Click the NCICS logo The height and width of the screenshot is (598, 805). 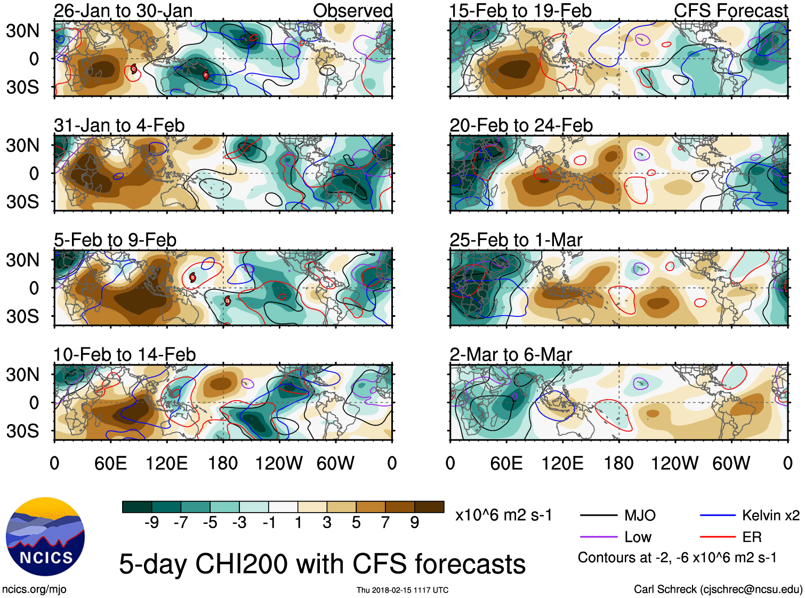point(45,537)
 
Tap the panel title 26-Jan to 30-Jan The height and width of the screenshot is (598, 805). point(123,11)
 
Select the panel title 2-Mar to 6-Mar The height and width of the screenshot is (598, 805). point(511,355)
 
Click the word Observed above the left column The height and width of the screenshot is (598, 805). point(352,11)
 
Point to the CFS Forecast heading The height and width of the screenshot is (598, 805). point(730,11)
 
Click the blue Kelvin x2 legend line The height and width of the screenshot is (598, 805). point(717,516)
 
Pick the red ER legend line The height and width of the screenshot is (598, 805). point(717,537)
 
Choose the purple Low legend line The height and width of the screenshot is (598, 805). point(598,537)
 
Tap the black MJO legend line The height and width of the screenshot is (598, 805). point(598,516)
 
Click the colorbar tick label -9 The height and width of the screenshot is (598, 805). point(151,523)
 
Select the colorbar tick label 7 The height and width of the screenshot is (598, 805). point(385,523)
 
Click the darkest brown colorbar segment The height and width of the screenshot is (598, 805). point(429,507)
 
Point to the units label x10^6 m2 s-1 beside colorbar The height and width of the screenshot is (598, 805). point(503,515)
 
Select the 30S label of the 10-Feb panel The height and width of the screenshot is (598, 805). point(22,431)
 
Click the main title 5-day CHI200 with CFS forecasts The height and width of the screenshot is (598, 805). point(322,564)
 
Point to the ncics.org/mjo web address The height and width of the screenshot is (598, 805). point(34,589)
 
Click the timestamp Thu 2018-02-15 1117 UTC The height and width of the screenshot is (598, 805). point(402,590)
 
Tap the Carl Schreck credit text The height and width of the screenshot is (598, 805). point(718,589)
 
